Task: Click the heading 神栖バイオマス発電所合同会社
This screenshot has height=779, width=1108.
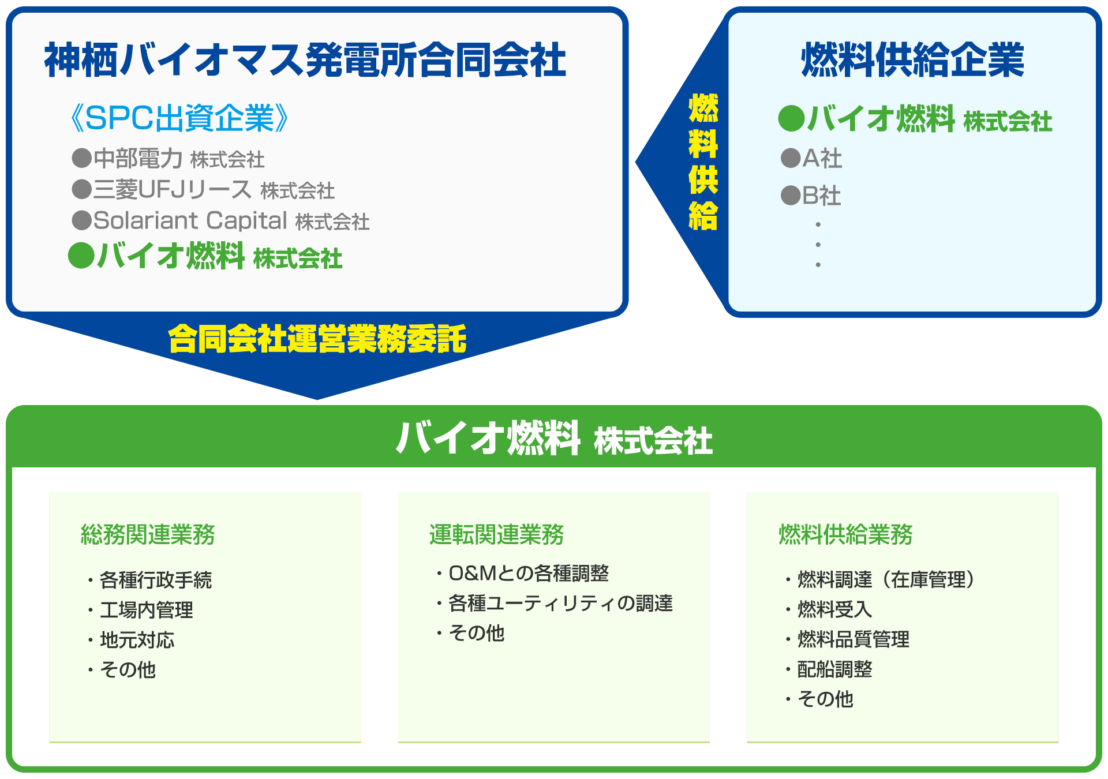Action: [x=305, y=60]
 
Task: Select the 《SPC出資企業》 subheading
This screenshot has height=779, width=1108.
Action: [x=179, y=118]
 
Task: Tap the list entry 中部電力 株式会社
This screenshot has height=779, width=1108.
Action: [x=169, y=159]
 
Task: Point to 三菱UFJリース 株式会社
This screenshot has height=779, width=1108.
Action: [x=203, y=189]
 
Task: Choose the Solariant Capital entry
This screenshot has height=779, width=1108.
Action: [x=221, y=220]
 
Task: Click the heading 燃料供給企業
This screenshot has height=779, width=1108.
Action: [x=912, y=60]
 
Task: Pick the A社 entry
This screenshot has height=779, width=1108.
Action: [x=812, y=158]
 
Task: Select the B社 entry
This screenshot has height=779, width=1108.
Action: [x=811, y=196]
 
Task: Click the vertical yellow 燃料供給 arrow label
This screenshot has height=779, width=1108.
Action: [x=703, y=162]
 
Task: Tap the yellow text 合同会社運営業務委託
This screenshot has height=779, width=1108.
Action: [x=317, y=339]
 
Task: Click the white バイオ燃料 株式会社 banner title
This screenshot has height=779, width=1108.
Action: [x=554, y=439]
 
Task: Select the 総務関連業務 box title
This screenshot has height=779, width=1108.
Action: [x=148, y=534]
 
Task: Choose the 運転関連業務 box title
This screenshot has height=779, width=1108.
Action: [x=496, y=534]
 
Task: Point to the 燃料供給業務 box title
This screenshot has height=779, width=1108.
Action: [x=845, y=534]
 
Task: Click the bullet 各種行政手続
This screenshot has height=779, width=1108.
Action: [x=155, y=580]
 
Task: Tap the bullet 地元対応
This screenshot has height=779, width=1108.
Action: [x=137, y=640]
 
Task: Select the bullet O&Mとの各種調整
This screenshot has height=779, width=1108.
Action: [x=528, y=573]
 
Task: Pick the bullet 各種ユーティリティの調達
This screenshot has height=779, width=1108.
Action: [x=560, y=603]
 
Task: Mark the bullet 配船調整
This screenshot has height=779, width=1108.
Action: [x=834, y=669]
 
